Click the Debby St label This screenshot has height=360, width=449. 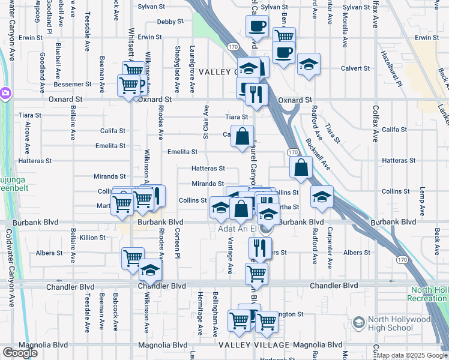point(170,22)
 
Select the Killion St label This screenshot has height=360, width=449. point(92,238)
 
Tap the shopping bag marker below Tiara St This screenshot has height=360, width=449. point(242,136)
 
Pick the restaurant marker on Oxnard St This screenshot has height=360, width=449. point(256,94)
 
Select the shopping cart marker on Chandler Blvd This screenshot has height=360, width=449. point(256,273)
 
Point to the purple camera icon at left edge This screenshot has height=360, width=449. point(5,93)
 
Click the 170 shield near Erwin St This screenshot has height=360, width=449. point(232,46)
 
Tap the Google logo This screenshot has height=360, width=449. point(20,353)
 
